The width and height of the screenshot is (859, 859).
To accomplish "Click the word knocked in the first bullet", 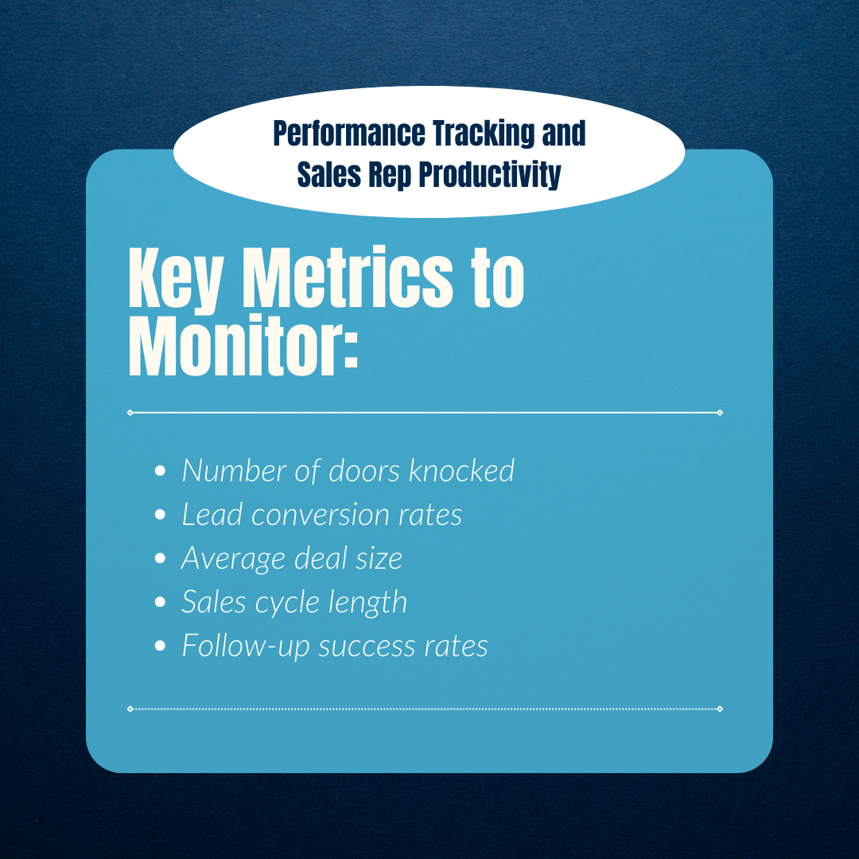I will coord(461,471).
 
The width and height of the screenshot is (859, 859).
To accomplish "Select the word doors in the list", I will coord(366,471).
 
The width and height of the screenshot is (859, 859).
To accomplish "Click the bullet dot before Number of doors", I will coord(160,472).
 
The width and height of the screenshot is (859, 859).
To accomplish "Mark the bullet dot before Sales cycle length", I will coord(160,603).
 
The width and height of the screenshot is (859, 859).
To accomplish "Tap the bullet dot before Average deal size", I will coord(160,559).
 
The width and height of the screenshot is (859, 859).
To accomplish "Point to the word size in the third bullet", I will coord(379,558).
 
